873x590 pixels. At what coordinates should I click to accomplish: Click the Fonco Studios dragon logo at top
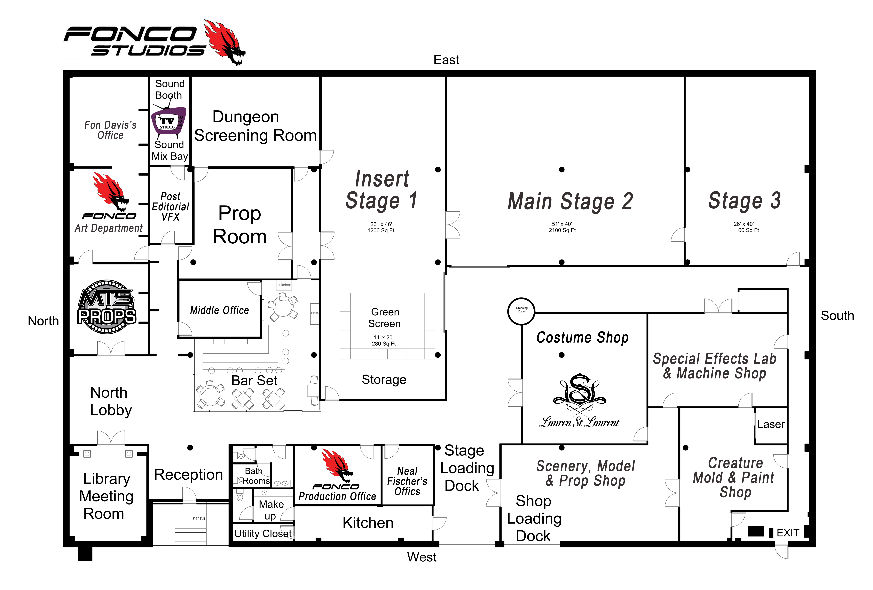tap(225, 42)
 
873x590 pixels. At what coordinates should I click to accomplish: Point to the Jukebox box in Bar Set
tap(284, 285)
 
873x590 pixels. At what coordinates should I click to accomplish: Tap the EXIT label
tap(788, 533)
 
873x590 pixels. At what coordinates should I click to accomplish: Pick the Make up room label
tap(271, 510)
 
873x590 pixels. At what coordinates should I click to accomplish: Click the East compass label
tap(446, 60)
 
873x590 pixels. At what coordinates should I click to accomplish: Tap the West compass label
tap(422, 557)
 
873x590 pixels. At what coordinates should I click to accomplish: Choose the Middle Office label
tap(219, 310)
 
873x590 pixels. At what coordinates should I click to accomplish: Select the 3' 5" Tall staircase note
tap(198, 519)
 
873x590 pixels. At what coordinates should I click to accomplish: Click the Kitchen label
tap(368, 523)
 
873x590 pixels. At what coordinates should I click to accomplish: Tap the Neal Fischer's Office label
tap(407, 481)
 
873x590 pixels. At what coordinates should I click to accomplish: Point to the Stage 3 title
tap(745, 200)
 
